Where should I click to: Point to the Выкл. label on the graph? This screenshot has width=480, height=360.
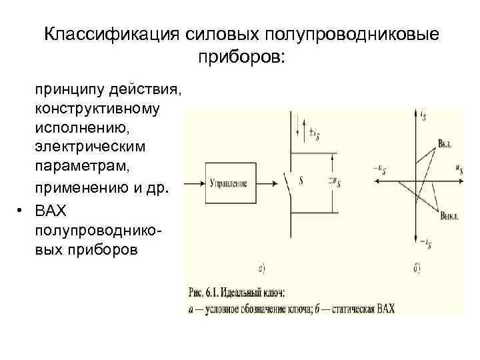tap(448, 214)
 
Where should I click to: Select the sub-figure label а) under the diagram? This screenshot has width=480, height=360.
tap(261, 269)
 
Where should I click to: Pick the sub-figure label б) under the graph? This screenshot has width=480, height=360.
tap(416, 269)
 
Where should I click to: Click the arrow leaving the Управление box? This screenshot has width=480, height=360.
tap(267, 183)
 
